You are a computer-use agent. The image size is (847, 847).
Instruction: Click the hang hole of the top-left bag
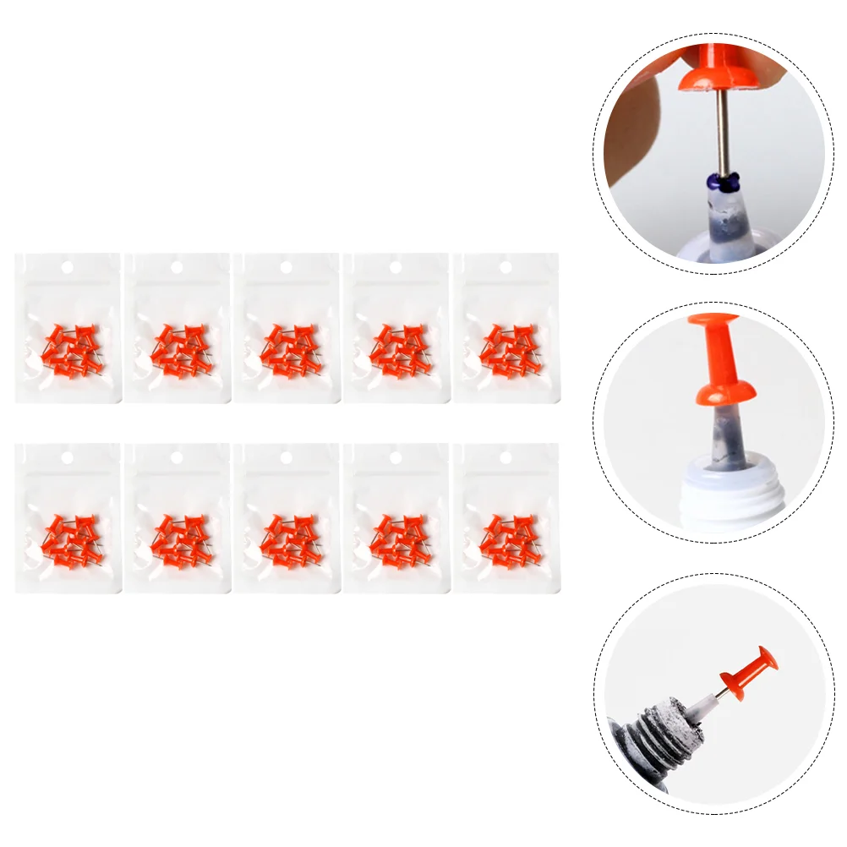(x=68, y=267)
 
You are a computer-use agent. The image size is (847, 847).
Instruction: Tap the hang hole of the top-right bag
(x=505, y=267)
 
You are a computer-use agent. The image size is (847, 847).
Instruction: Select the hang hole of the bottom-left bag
(x=68, y=457)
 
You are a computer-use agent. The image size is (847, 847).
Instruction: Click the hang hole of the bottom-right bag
(x=505, y=457)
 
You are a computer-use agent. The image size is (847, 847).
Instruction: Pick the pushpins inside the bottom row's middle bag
(x=287, y=540)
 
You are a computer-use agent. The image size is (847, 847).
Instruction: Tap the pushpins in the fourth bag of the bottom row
(x=396, y=540)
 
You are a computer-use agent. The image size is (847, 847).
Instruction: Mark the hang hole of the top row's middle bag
(x=287, y=267)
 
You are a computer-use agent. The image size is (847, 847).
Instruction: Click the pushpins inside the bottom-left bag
(x=68, y=540)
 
